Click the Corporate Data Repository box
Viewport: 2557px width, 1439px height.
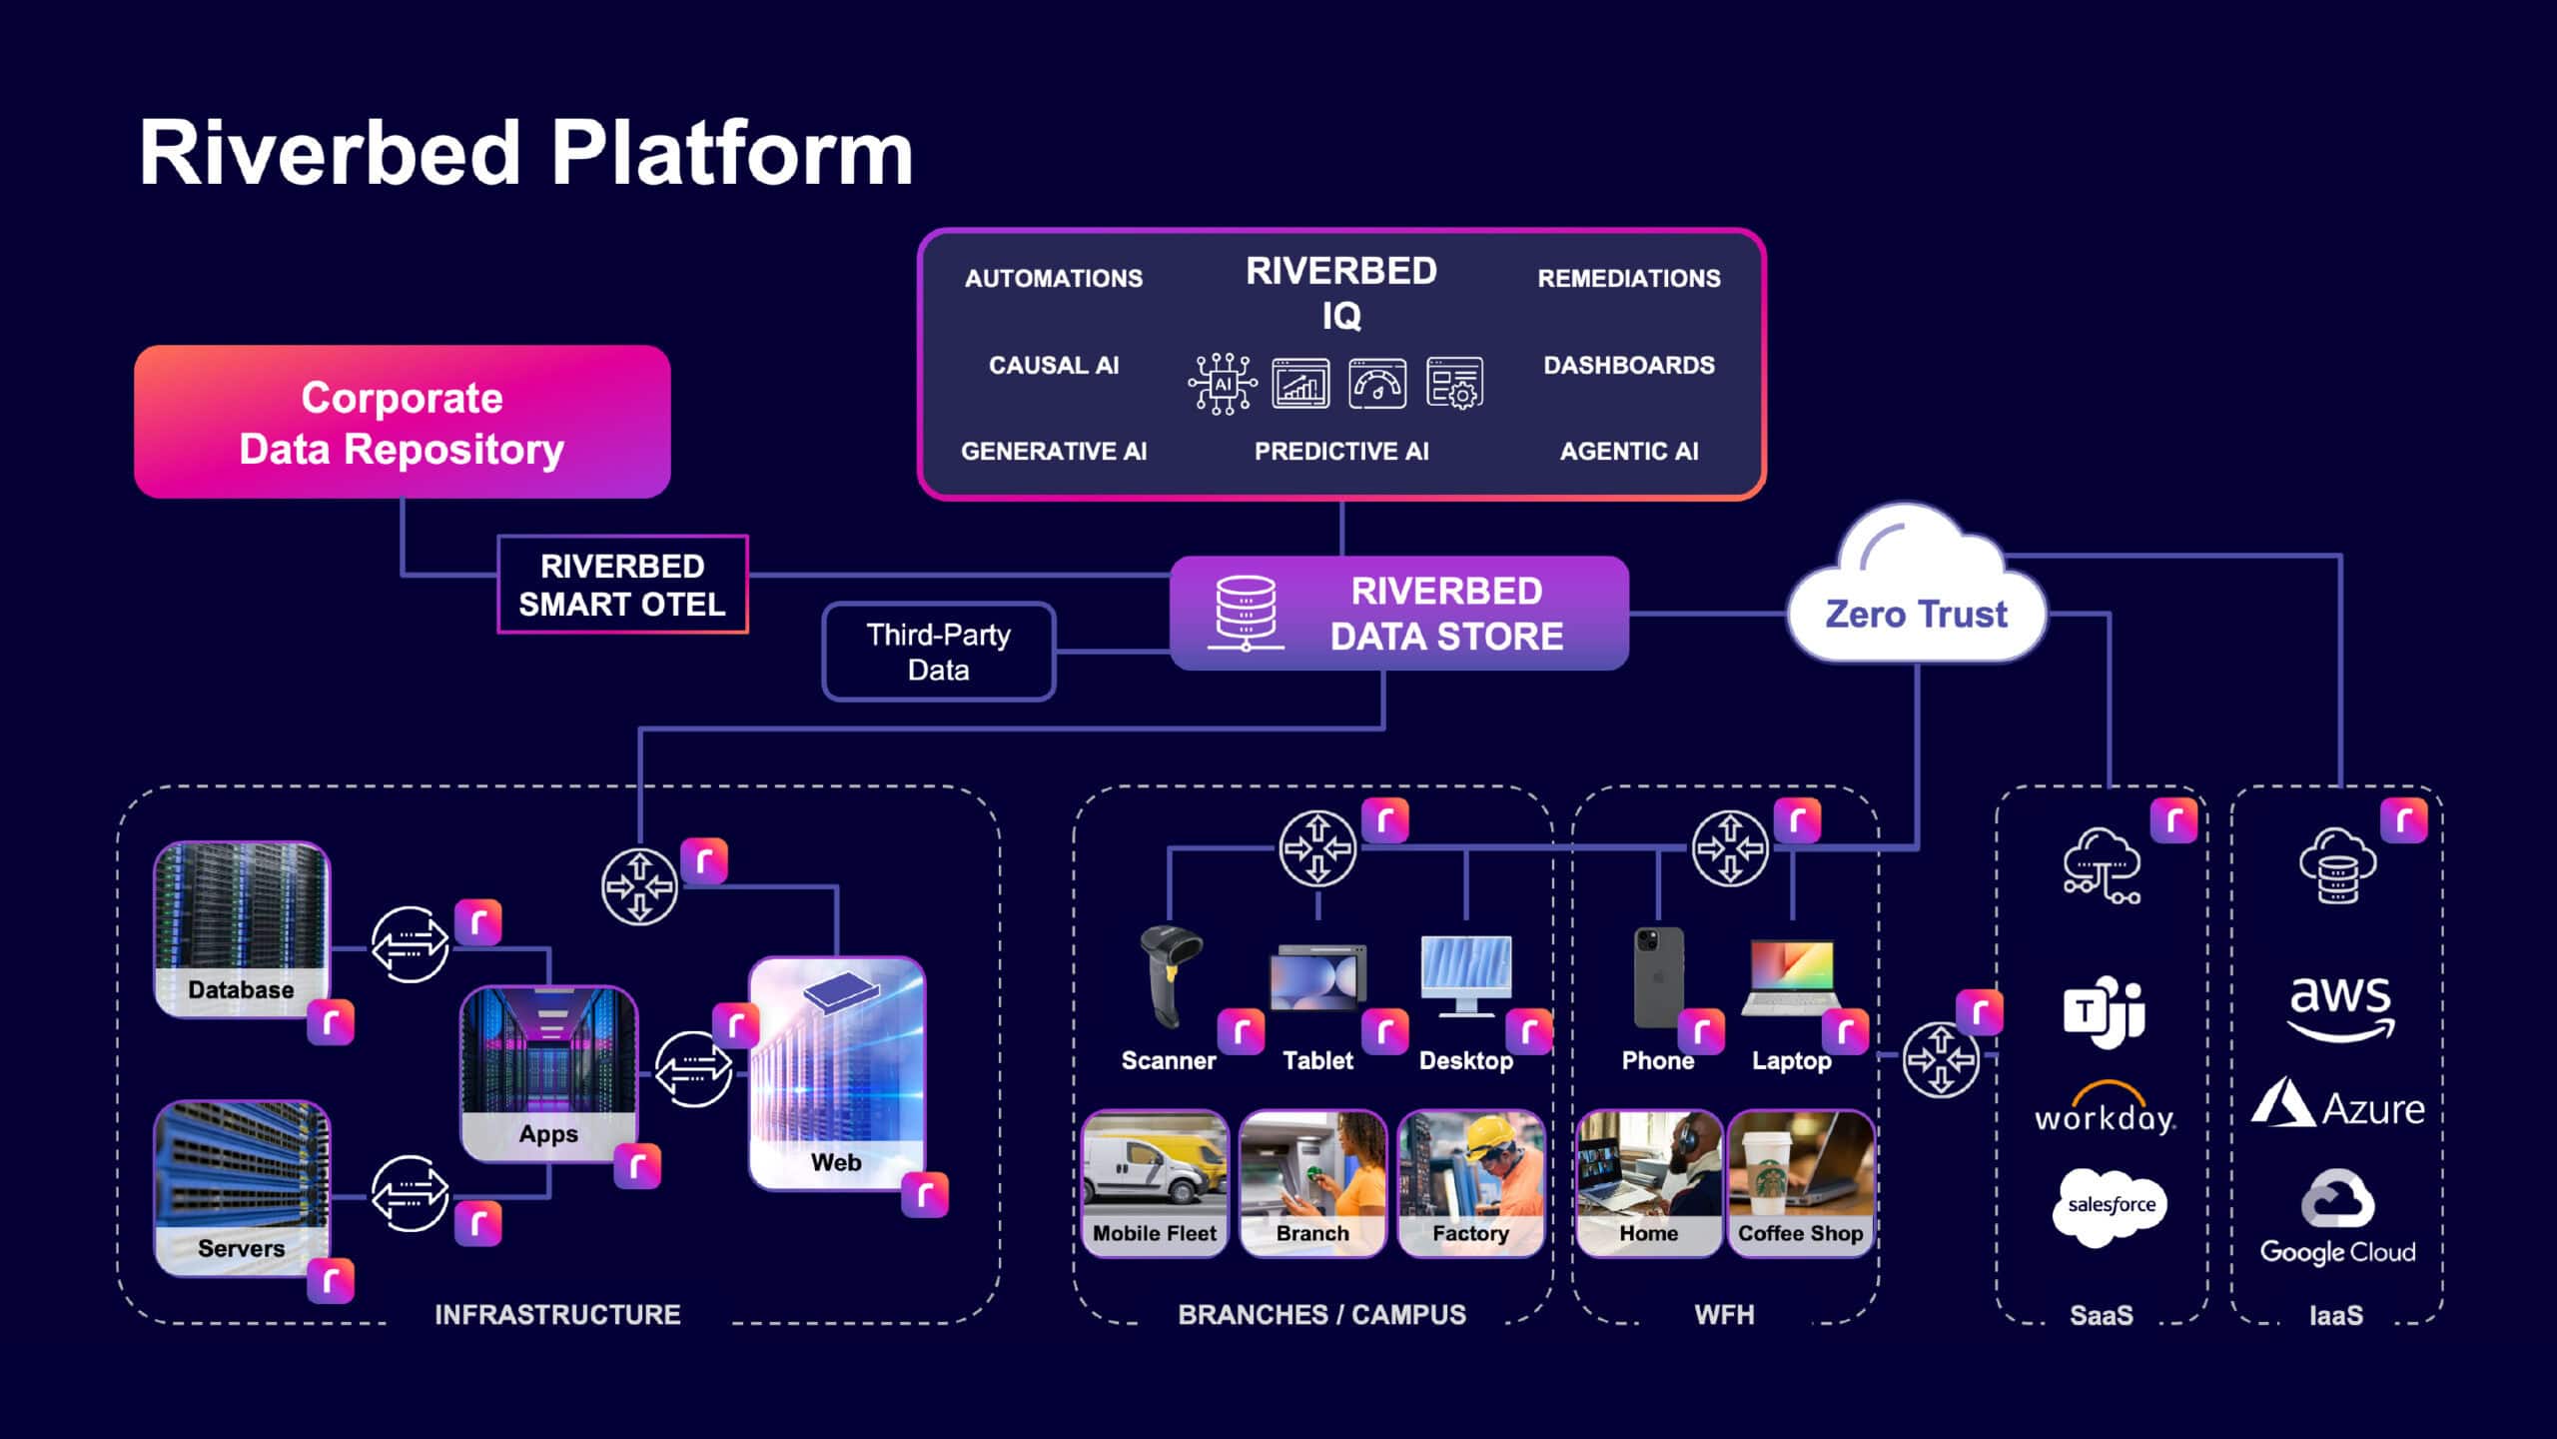(x=402, y=422)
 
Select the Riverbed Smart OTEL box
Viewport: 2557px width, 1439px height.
(x=622, y=585)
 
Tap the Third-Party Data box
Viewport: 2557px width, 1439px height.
(x=938, y=652)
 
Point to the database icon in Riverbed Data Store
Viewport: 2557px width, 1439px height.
(x=1245, y=612)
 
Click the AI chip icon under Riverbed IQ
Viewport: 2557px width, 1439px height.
(x=1223, y=384)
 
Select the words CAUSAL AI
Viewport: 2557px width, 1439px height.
(x=1053, y=365)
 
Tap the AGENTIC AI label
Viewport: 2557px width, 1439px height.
(x=1628, y=451)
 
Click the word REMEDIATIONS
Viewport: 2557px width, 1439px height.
(x=1628, y=278)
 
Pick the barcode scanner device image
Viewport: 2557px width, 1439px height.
(x=1170, y=975)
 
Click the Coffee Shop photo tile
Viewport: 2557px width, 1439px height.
(x=1800, y=1183)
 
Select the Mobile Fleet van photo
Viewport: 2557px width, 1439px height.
(x=1155, y=1183)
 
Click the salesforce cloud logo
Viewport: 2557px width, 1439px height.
(x=2110, y=1205)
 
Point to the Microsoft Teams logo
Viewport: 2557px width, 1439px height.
(x=2104, y=1010)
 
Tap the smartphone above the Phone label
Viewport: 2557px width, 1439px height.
(x=1658, y=976)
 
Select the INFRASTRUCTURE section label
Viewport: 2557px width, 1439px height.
(x=557, y=1314)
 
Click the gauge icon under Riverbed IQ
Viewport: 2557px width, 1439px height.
(x=1377, y=384)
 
